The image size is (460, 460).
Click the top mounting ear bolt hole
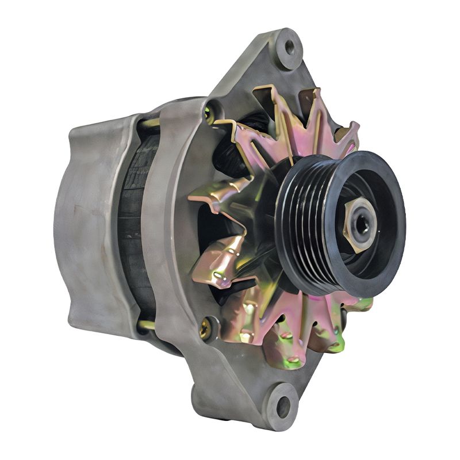click(289, 45)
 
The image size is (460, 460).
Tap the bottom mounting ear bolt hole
click(283, 407)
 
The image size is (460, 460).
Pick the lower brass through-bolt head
click(205, 329)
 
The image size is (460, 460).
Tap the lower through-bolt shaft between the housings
click(146, 325)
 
